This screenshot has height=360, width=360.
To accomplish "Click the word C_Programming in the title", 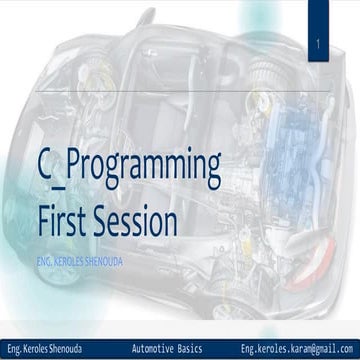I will (x=128, y=169).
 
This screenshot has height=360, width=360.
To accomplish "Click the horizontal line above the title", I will (x=180, y=92).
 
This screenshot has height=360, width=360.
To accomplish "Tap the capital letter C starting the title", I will (x=45, y=167).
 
